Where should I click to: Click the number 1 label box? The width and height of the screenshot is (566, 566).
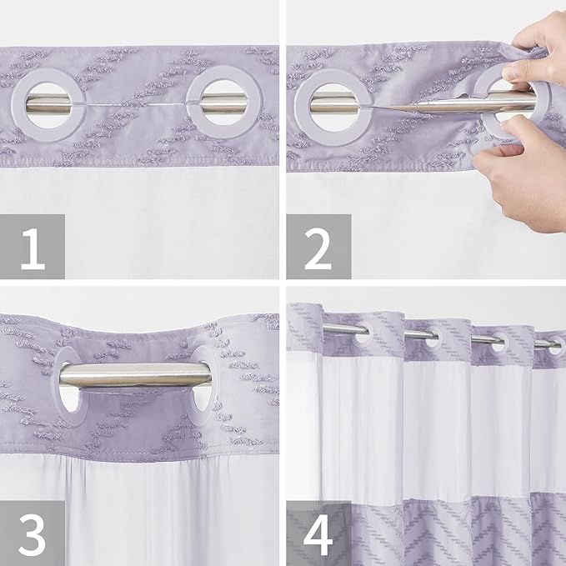point(33,246)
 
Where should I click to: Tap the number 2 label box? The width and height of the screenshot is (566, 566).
point(318,246)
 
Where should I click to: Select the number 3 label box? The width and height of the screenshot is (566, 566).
point(33,533)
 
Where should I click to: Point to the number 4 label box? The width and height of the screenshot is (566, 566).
point(318,533)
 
